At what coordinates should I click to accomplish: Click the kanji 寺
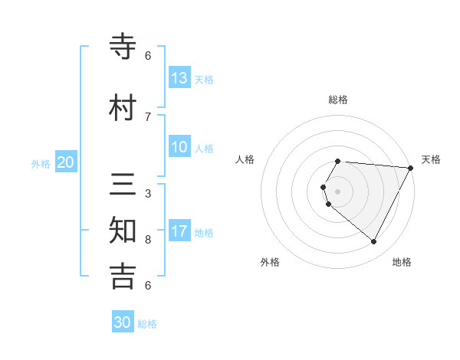point(123,47)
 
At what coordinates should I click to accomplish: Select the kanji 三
point(123,185)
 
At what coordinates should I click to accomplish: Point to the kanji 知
point(123,231)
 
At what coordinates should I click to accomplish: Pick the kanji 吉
point(123,277)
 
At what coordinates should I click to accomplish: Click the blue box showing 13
point(179,77)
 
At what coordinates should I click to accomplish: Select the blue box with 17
point(179,231)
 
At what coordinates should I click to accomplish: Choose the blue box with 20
point(65,162)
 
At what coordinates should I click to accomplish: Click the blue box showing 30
point(123,322)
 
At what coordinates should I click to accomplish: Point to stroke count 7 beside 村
point(148,117)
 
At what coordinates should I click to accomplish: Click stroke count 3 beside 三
point(148,194)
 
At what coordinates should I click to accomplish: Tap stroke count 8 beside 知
point(148,240)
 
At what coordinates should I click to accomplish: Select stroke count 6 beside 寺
point(148,56)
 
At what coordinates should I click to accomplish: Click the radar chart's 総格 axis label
point(338,100)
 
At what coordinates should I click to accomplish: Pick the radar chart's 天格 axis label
point(431,159)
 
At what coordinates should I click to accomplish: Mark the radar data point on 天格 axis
point(410,168)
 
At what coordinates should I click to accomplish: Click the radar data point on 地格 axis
point(374,242)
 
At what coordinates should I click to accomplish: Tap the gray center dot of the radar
point(338,191)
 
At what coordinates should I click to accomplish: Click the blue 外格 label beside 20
point(41,163)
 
